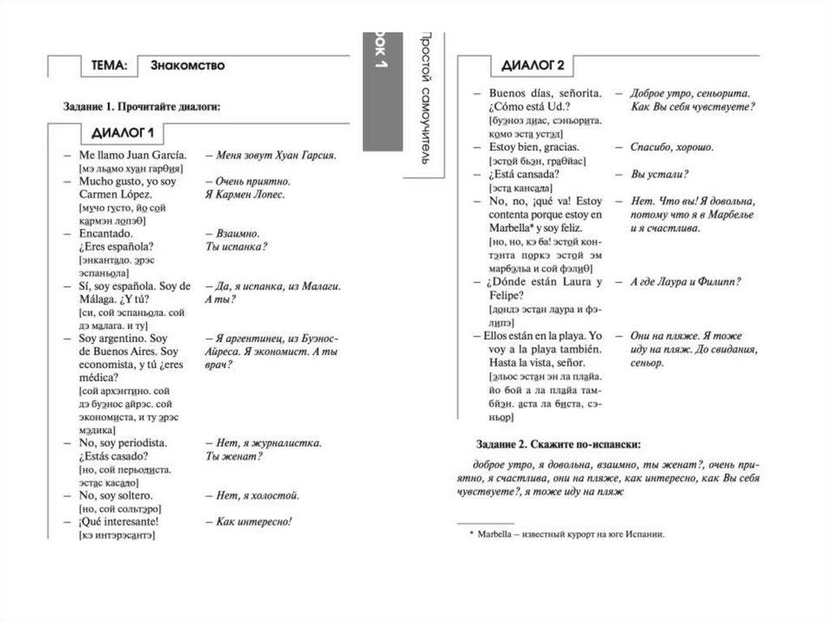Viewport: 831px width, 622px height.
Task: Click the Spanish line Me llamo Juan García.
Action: click(x=133, y=155)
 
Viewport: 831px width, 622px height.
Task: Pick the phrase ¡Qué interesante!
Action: click(x=118, y=521)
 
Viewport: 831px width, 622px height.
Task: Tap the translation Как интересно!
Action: click(x=253, y=521)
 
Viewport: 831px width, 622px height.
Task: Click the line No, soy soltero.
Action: click(x=116, y=495)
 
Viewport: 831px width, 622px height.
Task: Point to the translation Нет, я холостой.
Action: click(x=257, y=495)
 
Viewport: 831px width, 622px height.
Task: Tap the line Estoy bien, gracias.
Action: click(x=534, y=148)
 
